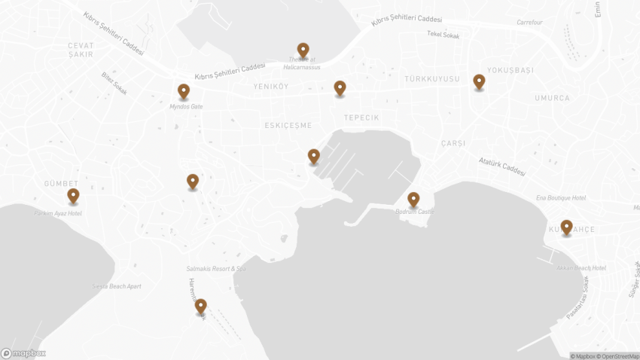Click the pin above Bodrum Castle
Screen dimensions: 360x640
click(413, 199)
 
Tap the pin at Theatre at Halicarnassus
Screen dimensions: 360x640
click(303, 50)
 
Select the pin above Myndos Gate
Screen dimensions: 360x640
click(184, 91)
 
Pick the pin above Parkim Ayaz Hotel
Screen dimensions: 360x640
click(73, 196)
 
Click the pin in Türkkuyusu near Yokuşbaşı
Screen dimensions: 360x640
click(479, 81)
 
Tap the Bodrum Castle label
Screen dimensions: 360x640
click(414, 212)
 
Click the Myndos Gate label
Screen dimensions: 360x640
click(186, 107)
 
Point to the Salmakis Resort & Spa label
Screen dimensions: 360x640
click(216, 269)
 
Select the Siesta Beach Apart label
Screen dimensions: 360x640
click(116, 286)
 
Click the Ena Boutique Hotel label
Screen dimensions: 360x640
click(560, 197)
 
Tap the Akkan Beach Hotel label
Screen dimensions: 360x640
click(581, 268)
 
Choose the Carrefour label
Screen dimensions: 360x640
click(529, 23)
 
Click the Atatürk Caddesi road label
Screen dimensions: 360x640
click(502, 166)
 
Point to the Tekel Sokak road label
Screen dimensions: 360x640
click(443, 34)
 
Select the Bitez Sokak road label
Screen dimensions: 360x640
click(114, 83)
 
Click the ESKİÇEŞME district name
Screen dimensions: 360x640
click(288, 126)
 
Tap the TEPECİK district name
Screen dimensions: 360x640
click(361, 118)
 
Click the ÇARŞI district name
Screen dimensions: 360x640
click(453, 143)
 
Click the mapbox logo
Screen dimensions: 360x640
click(23, 352)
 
